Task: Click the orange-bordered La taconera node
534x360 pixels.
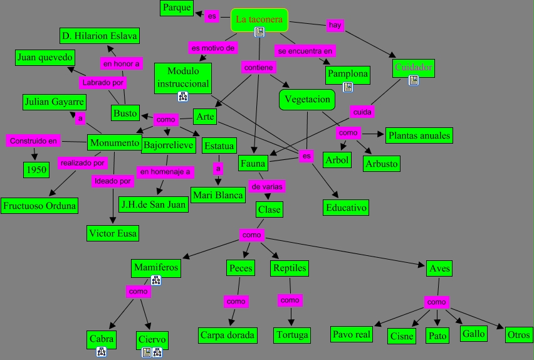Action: click(x=259, y=19)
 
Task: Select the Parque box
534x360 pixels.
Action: click(x=176, y=8)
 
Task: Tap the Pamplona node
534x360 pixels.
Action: click(x=347, y=74)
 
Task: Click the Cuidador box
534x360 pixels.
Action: click(x=413, y=67)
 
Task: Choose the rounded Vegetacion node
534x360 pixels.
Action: click(x=306, y=100)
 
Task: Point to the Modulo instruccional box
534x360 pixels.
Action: click(x=183, y=78)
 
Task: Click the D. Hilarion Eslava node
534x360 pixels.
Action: click(x=99, y=35)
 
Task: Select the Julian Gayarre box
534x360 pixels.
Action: click(x=54, y=102)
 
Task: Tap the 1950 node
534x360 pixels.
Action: click(x=36, y=169)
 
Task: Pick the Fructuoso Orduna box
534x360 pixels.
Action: click(x=39, y=205)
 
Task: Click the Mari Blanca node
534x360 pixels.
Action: click(x=218, y=195)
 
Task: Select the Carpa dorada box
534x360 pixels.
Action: click(x=228, y=335)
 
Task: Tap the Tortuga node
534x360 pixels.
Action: click(x=292, y=335)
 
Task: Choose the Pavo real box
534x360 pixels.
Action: click(x=352, y=334)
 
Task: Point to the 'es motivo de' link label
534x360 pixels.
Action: click(x=213, y=47)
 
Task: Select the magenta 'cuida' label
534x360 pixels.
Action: click(x=362, y=112)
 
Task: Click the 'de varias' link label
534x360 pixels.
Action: click(x=268, y=186)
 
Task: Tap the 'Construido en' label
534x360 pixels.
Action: click(x=33, y=141)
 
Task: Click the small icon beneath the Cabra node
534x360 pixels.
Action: click(x=102, y=352)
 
